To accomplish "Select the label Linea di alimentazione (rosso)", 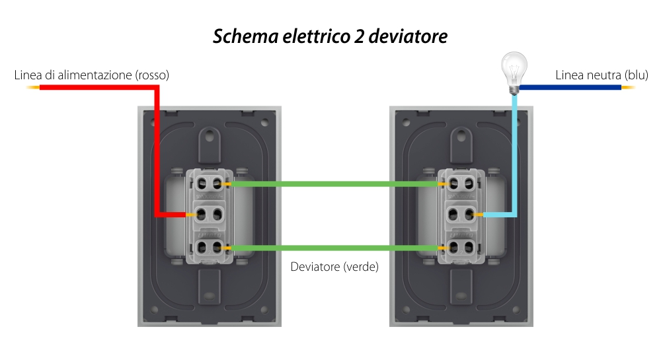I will click(x=92, y=75).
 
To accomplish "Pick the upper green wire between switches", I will click(x=334, y=184).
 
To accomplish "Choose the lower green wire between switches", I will click(x=334, y=248).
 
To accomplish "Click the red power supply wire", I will click(x=99, y=88).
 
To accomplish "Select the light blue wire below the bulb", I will click(x=514, y=152).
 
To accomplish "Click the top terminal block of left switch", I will click(x=208, y=182).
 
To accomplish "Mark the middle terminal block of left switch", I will click(x=208, y=214).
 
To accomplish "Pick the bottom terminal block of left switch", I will click(x=208, y=247).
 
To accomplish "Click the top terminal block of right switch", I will click(x=461, y=182).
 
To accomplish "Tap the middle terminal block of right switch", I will click(x=461, y=214).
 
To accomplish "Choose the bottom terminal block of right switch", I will click(x=461, y=247).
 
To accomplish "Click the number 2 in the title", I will click(x=353, y=36).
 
